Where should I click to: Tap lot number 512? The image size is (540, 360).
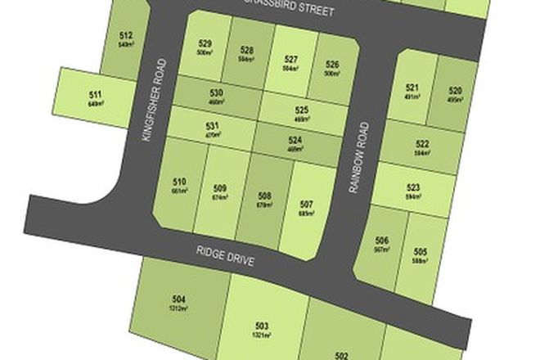(x=125, y=36)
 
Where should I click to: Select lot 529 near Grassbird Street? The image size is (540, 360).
(x=205, y=44)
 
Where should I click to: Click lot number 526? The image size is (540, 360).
(x=332, y=65)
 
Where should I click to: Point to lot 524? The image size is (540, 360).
(x=295, y=140)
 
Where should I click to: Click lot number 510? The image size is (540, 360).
(x=180, y=182)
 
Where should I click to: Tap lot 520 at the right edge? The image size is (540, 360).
(x=457, y=91)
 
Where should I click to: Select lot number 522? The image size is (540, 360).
(x=422, y=144)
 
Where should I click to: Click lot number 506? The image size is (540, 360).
(x=382, y=241)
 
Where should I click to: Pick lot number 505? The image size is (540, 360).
(x=421, y=251)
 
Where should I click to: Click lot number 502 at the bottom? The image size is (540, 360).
(x=342, y=355)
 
